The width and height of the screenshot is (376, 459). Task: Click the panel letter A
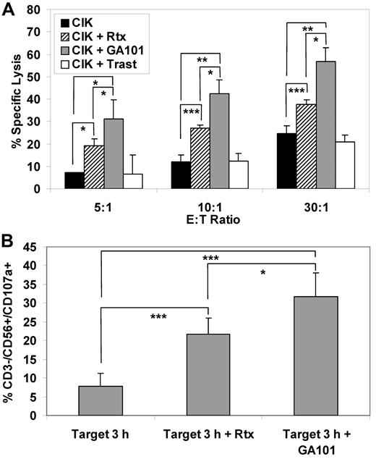tap(8, 8)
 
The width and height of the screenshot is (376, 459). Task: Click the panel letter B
tap(8, 236)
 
